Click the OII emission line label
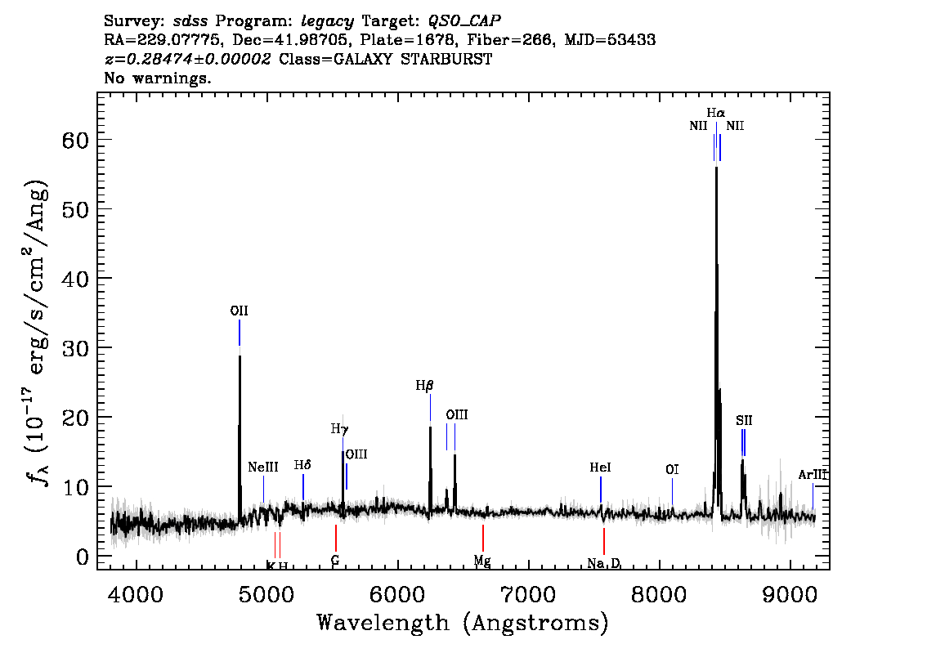pos(239,311)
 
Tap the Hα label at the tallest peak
pos(716,113)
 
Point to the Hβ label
pos(423,385)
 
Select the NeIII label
pos(263,467)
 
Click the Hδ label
pos(302,465)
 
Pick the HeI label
pos(600,467)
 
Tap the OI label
pos(672,470)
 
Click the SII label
pos(743,421)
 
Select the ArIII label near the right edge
pos(813,475)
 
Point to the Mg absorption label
pos(482,561)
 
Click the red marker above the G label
pos(335,538)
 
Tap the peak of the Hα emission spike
pos(716,167)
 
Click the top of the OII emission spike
pos(240,356)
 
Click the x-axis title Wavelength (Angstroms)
pos(463,624)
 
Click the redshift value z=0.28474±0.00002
pos(187,60)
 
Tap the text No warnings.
pos(157,78)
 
